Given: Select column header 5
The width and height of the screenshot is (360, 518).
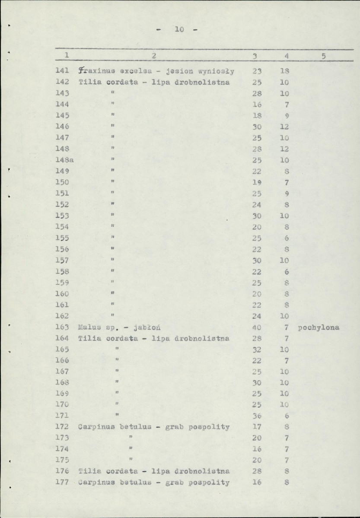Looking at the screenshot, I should [323, 56].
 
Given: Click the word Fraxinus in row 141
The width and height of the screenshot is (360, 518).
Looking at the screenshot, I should [92, 71].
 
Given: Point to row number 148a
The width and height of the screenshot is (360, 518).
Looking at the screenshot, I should [65, 160].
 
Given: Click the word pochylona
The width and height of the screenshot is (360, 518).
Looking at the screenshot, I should [319, 327].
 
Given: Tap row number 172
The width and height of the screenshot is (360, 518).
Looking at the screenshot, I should [63, 427].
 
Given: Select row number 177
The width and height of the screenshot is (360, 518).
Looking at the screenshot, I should [63, 483].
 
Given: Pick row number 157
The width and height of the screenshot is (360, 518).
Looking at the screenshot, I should [63, 261].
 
